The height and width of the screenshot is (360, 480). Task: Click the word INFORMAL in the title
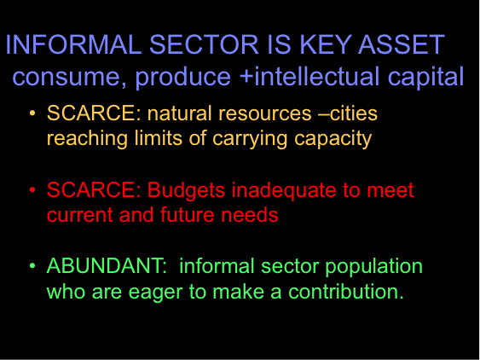coord(74,44)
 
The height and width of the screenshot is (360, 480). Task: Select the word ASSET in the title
coord(401,44)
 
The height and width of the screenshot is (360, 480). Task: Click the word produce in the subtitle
coord(183,78)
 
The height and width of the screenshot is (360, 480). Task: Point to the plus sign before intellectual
coord(246,77)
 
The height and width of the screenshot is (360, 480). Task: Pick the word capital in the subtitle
coord(425,78)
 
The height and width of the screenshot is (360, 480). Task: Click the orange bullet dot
coord(32,113)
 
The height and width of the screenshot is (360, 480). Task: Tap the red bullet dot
coord(32,190)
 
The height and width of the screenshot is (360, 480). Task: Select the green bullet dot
coord(32,265)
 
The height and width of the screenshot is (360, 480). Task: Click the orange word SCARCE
coord(91,113)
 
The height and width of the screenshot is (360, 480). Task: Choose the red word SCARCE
coord(91,189)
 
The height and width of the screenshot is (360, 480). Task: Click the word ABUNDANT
coord(104,265)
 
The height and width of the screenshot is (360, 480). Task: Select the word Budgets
coord(187,191)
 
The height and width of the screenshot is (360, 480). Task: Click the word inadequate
coord(284,191)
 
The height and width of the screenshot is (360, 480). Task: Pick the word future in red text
coord(188,214)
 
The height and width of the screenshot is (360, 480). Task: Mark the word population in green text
coord(373,267)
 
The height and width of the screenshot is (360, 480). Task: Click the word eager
coord(155,293)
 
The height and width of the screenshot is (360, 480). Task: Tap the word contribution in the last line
coord(344,291)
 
